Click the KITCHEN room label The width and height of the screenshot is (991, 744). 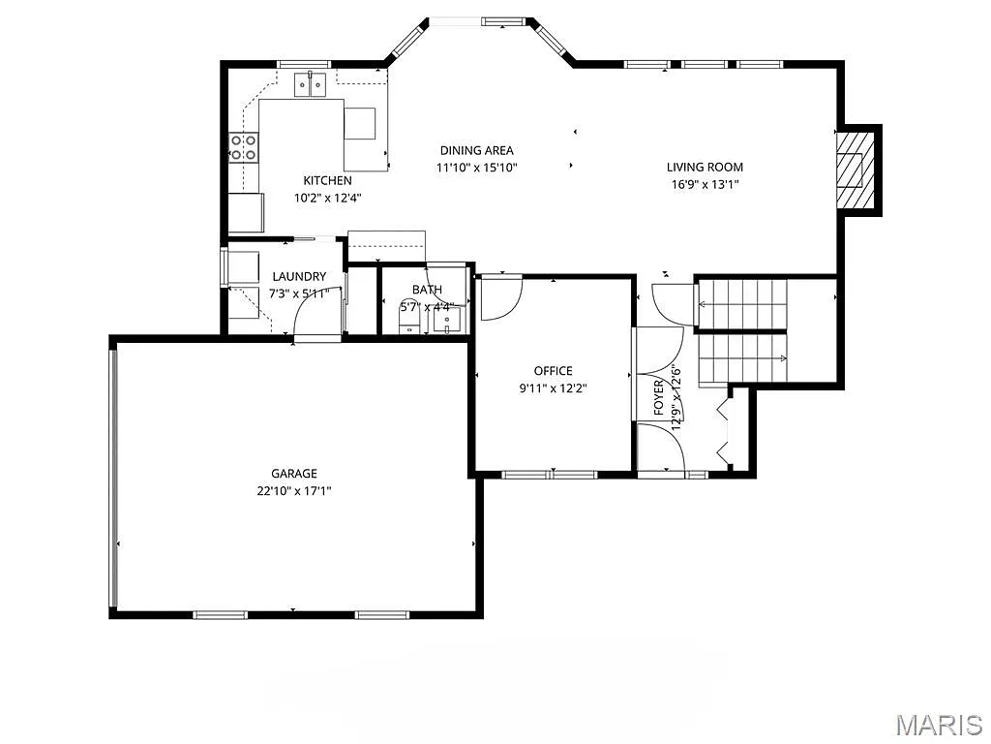pyautogui.click(x=327, y=180)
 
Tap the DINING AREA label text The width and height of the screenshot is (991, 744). pyautogui.click(x=476, y=150)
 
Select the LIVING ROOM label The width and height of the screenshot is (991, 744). pyautogui.click(x=705, y=167)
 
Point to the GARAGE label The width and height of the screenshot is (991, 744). pyautogui.click(x=293, y=474)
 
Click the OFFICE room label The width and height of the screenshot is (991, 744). pyautogui.click(x=553, y=371)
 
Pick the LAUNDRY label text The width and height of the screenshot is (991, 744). pyautogui.click(x=299, y=276)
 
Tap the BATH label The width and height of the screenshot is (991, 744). pyautogui.click(x=427, y=290)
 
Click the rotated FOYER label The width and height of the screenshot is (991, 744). pyautogui.click(x=659, y=397)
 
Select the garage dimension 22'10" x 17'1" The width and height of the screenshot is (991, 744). pyautogui.click(x=293, y=490)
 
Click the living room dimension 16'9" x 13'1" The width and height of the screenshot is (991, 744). pyautogui.click(x=705, y=184)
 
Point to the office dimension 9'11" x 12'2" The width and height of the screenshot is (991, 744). pyautogui.click(x=553, y=387)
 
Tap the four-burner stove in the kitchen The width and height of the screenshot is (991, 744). pyautogui.click(x=243, y=147)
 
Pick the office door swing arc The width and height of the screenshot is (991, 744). pyautogui.click(x=501, y=298)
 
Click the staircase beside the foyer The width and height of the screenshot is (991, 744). pyautogui.click(x=743, y=329)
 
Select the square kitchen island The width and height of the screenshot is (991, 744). pyautogui.click(x=360, y=124)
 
